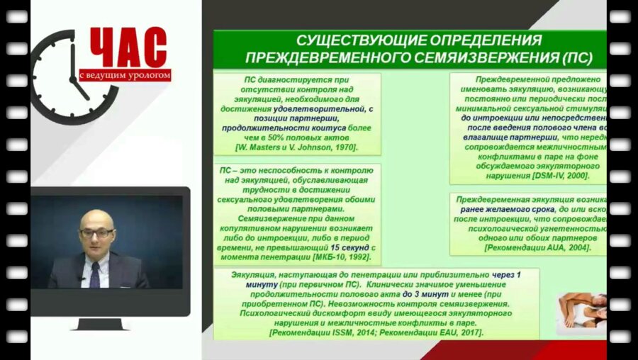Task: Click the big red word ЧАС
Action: (128, 48)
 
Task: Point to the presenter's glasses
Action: (96, 232)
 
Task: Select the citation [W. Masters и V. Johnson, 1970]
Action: (296, 147)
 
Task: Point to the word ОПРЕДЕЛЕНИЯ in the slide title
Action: (479, 40)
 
